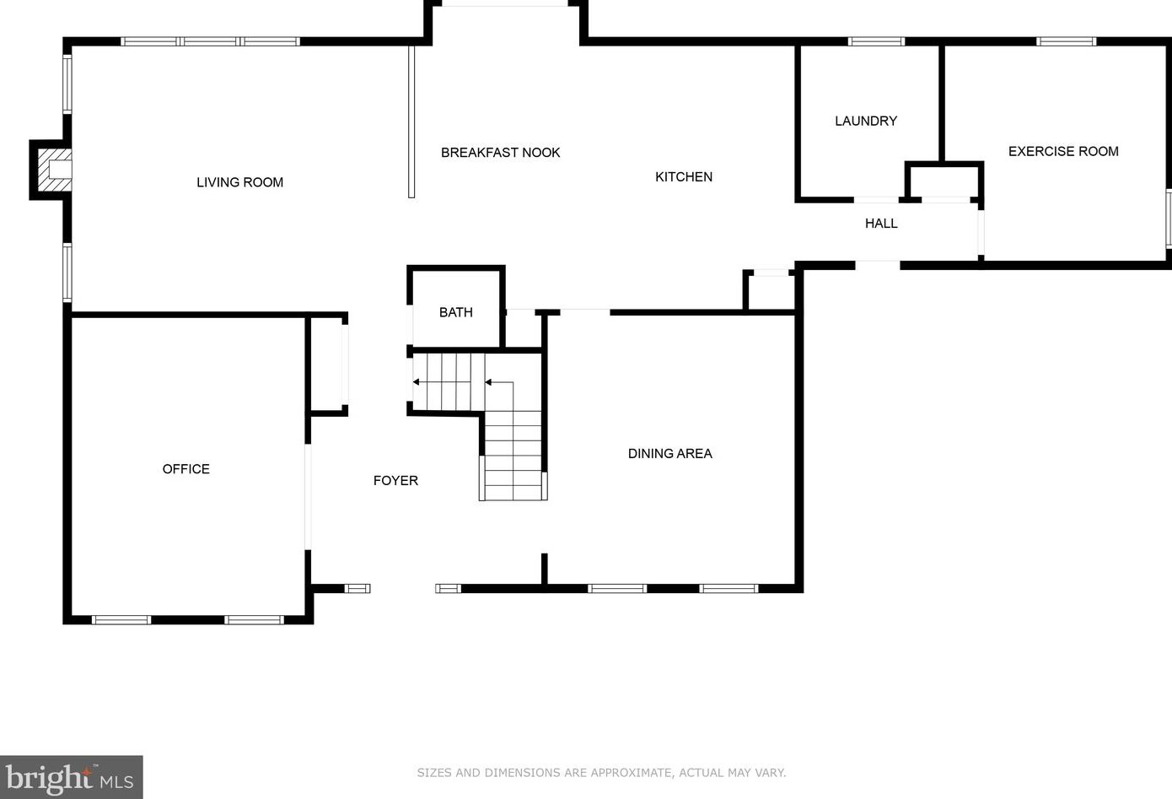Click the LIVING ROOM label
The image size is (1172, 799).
coord(239,182)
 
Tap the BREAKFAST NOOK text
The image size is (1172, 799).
coord(500,153)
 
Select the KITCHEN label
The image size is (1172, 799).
coord(683,177)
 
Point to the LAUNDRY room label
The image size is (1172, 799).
coord(866,121)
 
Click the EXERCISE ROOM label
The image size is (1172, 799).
coord(1063,151)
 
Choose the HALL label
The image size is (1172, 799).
coord(881,224)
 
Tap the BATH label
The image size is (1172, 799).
coord(455,312)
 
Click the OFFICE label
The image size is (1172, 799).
coord(185,469)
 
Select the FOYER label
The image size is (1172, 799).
coord(395,481)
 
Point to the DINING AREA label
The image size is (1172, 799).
coord(669,453)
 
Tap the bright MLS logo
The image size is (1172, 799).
coord(71,777)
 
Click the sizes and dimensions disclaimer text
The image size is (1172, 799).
coord(601,772)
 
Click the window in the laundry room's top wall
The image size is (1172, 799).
coord(876,41)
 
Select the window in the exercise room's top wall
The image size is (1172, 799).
coord(1067,41)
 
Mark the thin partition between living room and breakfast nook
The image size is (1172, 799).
coord(411,121)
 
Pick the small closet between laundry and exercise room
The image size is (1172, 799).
coord(944,181)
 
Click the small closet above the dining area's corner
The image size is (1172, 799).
coord(770,290)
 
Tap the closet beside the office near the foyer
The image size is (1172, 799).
coord(327,364)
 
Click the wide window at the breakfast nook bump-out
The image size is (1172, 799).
coord(505,3)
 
